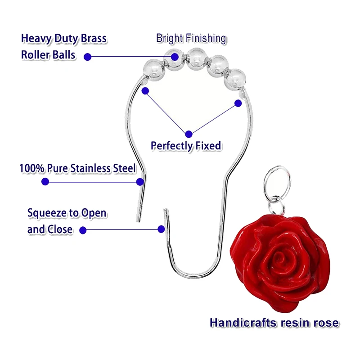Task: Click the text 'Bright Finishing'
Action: (191, 38)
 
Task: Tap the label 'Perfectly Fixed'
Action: (186, 146)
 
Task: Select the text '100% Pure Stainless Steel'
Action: (77, 168)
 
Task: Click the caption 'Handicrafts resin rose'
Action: (274, 322)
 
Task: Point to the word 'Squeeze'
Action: (47, 212)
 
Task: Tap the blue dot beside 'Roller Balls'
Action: (88, 57)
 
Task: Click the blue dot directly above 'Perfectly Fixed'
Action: (189, 134)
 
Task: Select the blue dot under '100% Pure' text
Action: (45, 182)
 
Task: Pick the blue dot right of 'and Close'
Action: (82, 230)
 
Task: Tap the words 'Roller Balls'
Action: (48, 55)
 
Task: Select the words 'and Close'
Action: (49, 229)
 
